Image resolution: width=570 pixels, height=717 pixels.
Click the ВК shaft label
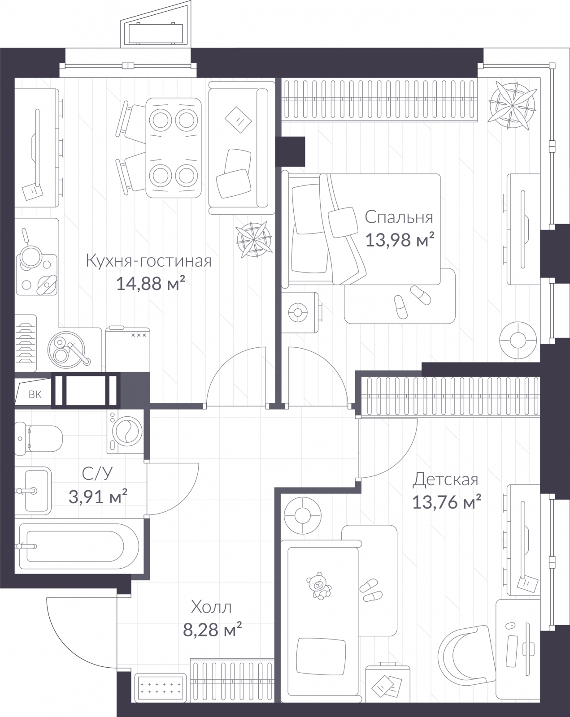(x=35, y=394)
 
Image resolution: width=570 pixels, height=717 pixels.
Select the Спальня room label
(x=399, y=217)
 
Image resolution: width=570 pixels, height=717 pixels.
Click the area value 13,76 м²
(x=446, y=502)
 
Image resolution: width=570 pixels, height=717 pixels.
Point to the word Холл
(x=211, y=608)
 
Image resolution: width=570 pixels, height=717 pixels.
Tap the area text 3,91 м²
(x=98, y=496)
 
